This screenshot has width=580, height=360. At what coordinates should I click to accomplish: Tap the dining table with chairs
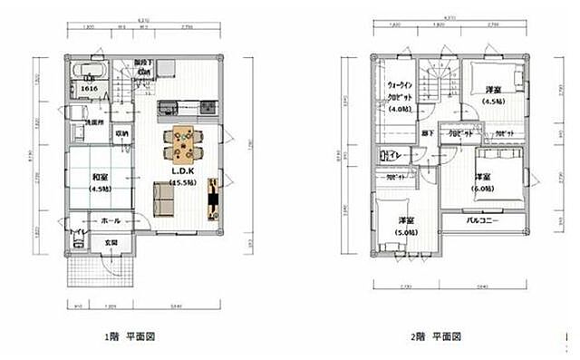(x=184, y=141)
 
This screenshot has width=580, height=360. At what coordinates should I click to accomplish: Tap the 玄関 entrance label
(x=111, y=242)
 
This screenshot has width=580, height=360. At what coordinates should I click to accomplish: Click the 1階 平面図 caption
(x=126, y=336)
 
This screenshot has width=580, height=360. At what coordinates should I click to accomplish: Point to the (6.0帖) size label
(x=482, y=189)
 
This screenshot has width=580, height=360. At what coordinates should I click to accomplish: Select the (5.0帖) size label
(x=406, y=231)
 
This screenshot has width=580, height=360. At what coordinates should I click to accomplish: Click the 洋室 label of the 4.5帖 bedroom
(x=493, y=90)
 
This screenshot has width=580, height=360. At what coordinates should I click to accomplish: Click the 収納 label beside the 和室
(x=122, y=133)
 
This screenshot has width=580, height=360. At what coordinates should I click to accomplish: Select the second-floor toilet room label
(x=395, y=154)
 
